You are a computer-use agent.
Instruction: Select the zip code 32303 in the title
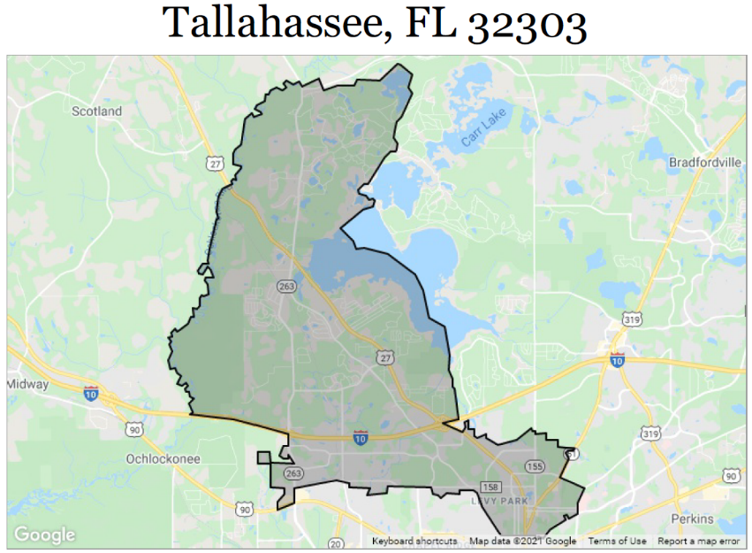527,26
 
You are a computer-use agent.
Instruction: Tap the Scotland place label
96,111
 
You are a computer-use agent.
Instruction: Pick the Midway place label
27,384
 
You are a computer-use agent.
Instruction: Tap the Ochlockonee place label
163,459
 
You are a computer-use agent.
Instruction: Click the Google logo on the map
44,534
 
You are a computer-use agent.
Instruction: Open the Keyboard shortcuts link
414,541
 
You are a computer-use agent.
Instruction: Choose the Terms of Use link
617,541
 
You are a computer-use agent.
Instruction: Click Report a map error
698,541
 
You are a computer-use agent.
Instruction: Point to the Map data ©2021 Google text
522,541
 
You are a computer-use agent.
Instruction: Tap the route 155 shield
535,465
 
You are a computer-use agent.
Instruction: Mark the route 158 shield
491,487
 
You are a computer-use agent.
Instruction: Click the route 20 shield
336,542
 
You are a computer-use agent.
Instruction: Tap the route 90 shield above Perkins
730,476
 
